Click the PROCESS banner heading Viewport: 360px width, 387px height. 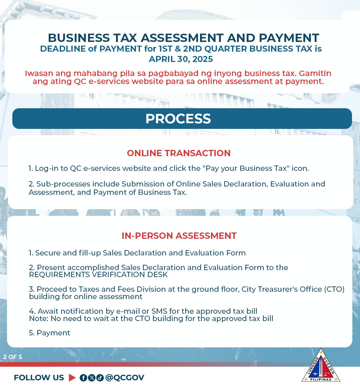coord(178,119)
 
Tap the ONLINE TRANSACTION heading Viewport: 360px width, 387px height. coord(179,153)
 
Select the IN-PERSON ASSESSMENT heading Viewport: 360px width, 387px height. coord(179,236)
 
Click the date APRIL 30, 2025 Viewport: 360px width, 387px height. coord(181,59)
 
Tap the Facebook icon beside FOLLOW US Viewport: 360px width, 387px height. coord(83,378)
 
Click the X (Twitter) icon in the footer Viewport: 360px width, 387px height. coord(91,378)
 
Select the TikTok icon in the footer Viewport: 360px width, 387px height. coord(100,378)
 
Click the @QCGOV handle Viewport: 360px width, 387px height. coord(125,378)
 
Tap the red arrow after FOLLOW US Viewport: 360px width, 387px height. coord(72,378)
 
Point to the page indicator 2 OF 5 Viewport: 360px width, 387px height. coord(13,357)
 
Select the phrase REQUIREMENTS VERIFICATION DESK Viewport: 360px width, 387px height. coord(98,275)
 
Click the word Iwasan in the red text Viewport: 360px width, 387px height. coord(38,74)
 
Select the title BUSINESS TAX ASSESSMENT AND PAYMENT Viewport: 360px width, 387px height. coord(183,38)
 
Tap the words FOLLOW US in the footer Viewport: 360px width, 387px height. coord(39,378)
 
